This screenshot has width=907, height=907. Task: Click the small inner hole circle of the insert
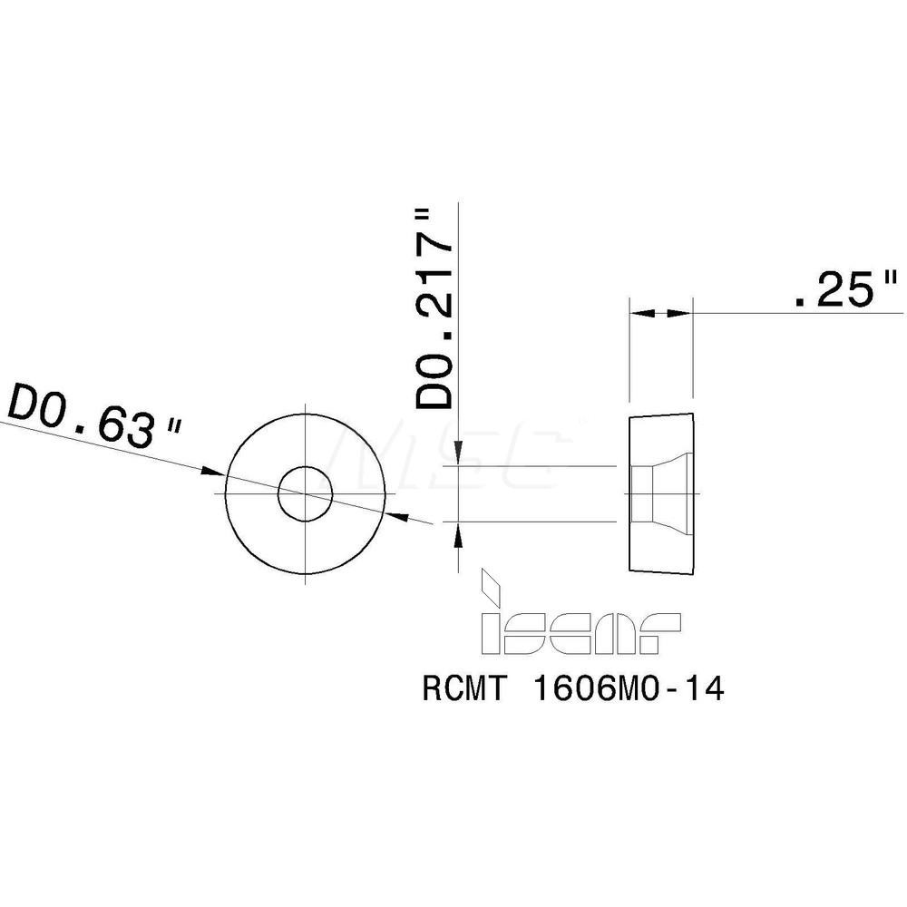306,494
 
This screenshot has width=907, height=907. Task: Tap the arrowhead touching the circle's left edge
214,471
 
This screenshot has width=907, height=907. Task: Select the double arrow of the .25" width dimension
659,313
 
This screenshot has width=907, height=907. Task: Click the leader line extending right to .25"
798,313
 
